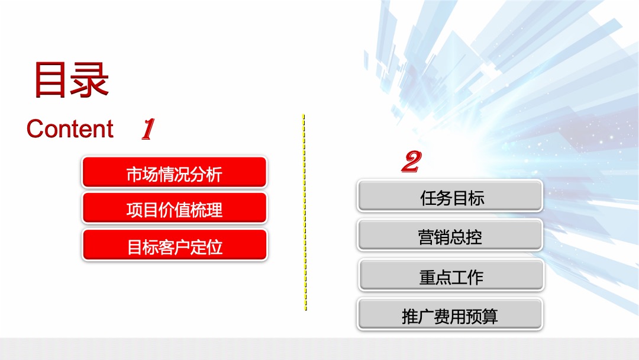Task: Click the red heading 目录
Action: tap(72, 79)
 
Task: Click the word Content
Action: tap(70, 129)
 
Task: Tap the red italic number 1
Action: tap(147, 129)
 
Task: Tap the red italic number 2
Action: tap(411, 162)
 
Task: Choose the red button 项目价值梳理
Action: tap(174, 210)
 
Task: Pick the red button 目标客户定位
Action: tap(174, 246)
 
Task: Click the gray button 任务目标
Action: tap(450, 197)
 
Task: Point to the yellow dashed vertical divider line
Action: tap(305, 213)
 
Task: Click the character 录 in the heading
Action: tap(90, 79)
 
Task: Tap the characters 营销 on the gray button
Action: tap(434, 237)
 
